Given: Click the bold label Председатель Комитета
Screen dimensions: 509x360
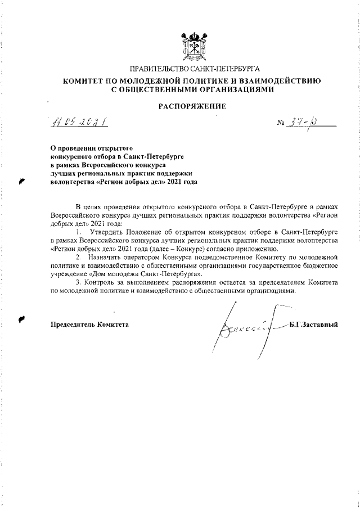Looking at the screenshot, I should point(89,325).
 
